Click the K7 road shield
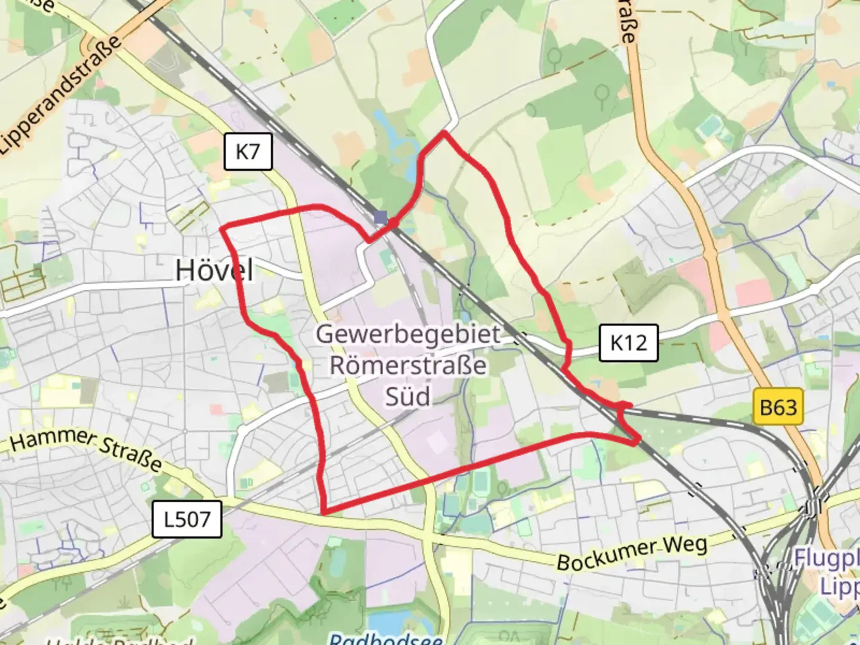click(x=248, y=152)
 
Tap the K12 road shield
click(x=628, y=343)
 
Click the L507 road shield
click(x=187, y=519)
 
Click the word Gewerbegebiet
click(x=408, y=334)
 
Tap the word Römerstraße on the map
click(x=408, y=365)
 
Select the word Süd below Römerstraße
click(x=408, y=395)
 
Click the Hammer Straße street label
click(x=86, y=449)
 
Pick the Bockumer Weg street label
click(x=632, y=553)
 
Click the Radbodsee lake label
click(x=386, y=639)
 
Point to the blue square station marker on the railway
click(x=381, y=217)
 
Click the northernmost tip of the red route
click(x=444, y=132)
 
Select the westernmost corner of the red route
click(x=222, y=228)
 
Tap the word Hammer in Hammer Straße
click(x=50, y=440)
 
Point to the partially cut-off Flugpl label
click(x=827, y=558)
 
